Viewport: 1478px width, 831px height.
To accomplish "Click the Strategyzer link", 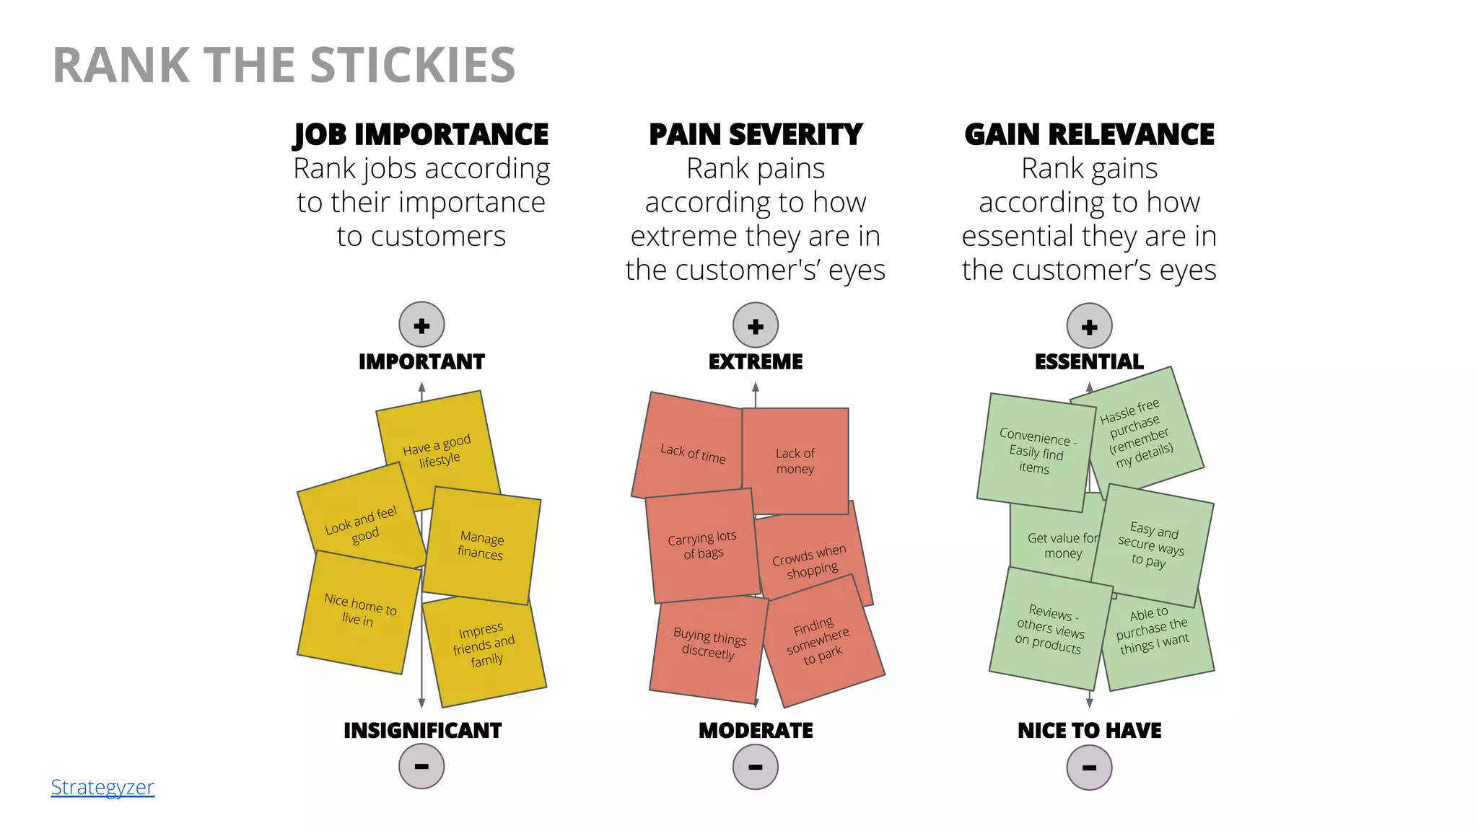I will tap(102, 787).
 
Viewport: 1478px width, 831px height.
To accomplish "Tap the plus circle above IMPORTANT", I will tap(421, 325).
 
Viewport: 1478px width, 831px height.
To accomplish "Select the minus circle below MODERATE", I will tap(755, 767).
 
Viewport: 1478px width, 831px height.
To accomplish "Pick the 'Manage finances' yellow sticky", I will tap(481, 545).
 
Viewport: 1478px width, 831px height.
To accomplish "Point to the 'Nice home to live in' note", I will tap(359, 610).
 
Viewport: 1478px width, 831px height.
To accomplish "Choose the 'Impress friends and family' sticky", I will tap(484, 645).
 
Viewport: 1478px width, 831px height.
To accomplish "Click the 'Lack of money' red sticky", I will tap(795, 461).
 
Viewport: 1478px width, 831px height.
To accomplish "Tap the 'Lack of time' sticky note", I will tap(691, 453).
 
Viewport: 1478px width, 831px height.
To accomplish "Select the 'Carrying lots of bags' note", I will tap(702, 545).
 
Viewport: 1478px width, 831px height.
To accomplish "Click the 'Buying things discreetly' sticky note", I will tap(709, 643).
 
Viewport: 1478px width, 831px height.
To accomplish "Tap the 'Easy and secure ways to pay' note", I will tap(1153, 545).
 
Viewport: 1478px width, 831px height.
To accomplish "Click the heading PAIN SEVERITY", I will tap(755, 135).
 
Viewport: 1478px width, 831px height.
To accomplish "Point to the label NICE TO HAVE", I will tap(1089, 731).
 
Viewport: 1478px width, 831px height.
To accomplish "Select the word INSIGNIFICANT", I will tap(422, 731).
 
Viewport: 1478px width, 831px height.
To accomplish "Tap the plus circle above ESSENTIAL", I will tap(1089, 326).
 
